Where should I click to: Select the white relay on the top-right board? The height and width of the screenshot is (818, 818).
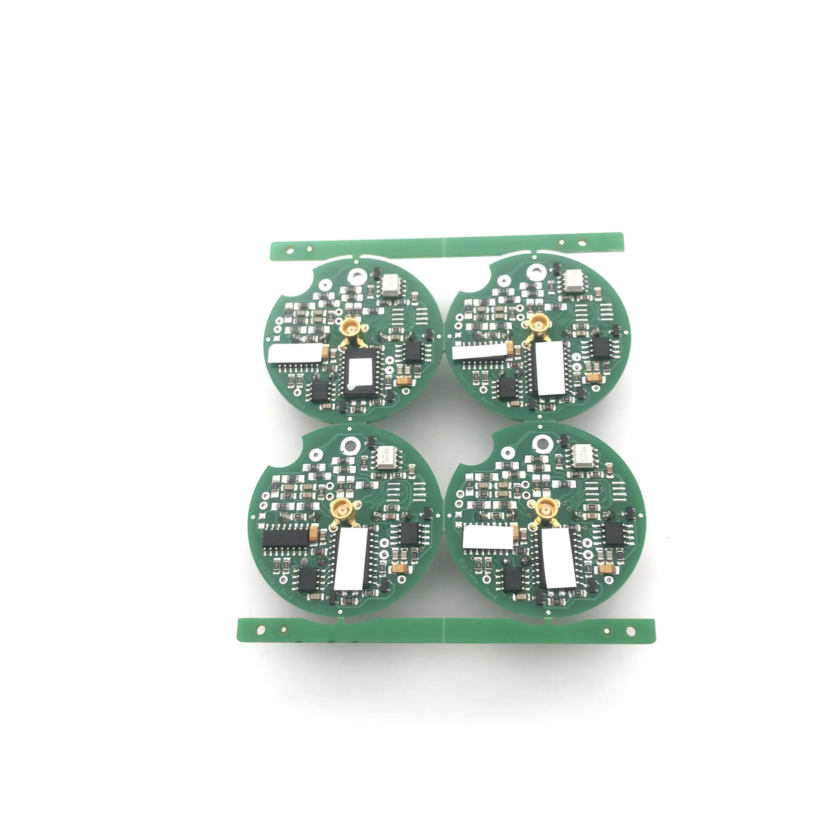click(x=575, y=280)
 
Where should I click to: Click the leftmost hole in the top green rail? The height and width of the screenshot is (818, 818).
click(x=290, y=251)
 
